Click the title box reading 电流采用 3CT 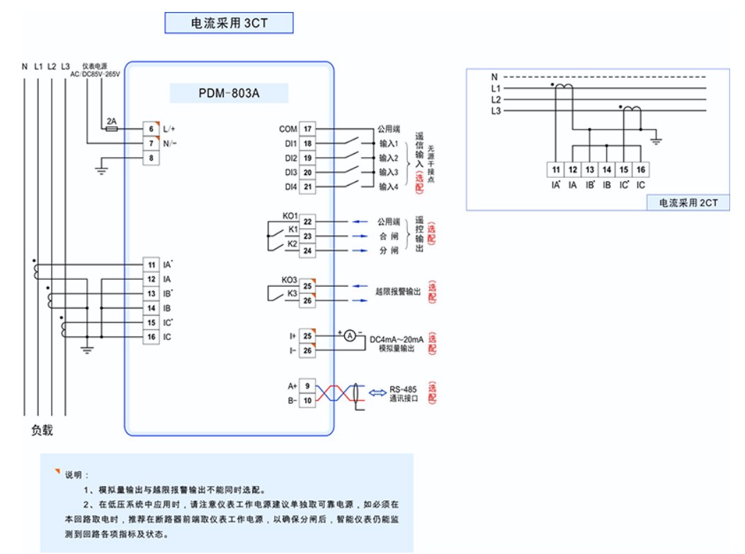[x=229, y=23]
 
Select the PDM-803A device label [x=229, y=94]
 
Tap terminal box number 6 [x=151, y=129]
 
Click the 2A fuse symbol [x=111, y=129]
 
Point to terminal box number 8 [x=151, y=158]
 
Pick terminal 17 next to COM [x=307, y=129]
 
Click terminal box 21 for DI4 [x=307, y=187]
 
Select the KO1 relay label [x=290, y=215]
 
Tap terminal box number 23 [x=307, y=236]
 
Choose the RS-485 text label [x=404, y=389]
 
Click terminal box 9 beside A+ [x=307, y=386]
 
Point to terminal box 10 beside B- [x=307, y=401]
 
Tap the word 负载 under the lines [x=42, y=430]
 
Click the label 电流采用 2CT [x=688, y=203]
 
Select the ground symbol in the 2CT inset [x=656, y=140]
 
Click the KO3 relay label [x=290, y=279]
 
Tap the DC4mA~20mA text [x=397, y=340]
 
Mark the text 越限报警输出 [x=398, y=291]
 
